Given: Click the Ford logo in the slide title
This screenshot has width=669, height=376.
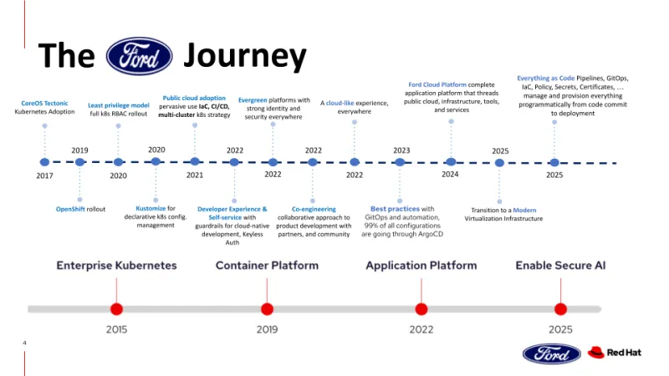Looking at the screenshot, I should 140,56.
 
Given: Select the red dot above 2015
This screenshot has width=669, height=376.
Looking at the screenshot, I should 116,308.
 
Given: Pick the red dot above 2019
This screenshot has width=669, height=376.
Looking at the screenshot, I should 267,308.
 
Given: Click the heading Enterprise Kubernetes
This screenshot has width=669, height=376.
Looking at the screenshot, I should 116,266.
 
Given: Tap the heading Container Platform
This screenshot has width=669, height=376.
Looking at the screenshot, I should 267,266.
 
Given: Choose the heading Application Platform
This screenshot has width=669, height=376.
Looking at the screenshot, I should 421,266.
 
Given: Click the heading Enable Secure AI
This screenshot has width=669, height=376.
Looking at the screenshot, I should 560,266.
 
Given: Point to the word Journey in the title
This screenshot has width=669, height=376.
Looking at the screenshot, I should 244,55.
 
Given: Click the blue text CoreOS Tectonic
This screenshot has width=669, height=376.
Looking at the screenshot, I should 44,104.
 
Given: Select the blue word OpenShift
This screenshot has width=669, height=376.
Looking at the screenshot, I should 70,209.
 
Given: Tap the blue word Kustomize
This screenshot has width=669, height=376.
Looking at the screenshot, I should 151,208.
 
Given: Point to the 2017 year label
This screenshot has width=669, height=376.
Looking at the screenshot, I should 44,176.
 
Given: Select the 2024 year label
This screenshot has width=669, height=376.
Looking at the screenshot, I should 451,175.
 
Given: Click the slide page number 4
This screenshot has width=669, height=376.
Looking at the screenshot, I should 25,343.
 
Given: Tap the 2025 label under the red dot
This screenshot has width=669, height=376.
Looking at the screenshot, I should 560,329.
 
